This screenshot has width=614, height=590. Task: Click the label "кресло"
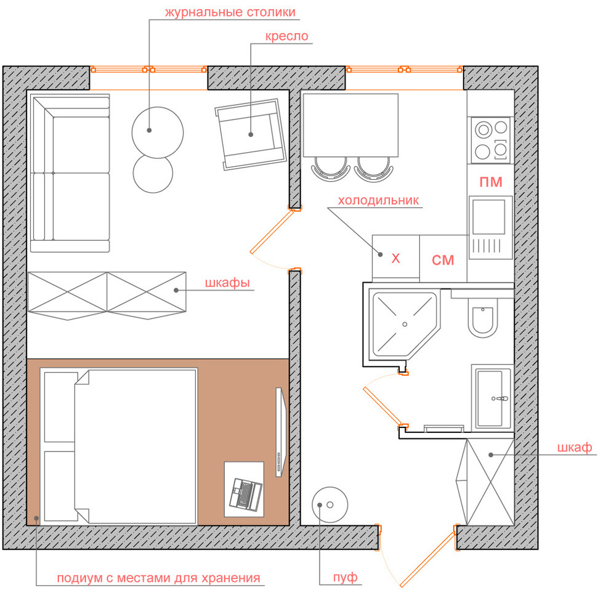[x=286, y=36]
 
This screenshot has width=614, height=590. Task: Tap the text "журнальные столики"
[x=230, y=12]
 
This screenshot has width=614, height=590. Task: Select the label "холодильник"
[x=378, y=200]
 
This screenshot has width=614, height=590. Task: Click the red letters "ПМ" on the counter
[x=491, y=182]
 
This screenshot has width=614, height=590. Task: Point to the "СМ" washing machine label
[x=443, y=260]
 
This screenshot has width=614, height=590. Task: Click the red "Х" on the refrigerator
[x=396, y=259]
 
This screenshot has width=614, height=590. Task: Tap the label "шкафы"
[x=227, y=283]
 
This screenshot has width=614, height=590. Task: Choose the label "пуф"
[x=345, y=578]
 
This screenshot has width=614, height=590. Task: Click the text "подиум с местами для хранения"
[x=159, y=578]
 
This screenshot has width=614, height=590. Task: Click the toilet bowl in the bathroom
[x=483, y=318]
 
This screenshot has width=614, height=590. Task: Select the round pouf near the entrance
[x=329, y=504]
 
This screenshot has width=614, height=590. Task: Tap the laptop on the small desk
[x=246, y=494]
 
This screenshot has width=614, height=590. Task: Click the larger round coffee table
[x=158, y=132]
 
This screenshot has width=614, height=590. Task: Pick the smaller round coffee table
[x=153, y=174]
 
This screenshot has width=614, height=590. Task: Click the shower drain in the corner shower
[x=405, y=324]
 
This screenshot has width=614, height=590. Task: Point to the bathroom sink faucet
[x=500, y=399]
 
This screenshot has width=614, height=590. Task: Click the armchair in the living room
[x=251, y=134]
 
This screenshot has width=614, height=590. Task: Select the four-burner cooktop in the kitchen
[x=491, y=140]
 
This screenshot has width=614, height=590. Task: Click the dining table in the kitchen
[x=350, y=125]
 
